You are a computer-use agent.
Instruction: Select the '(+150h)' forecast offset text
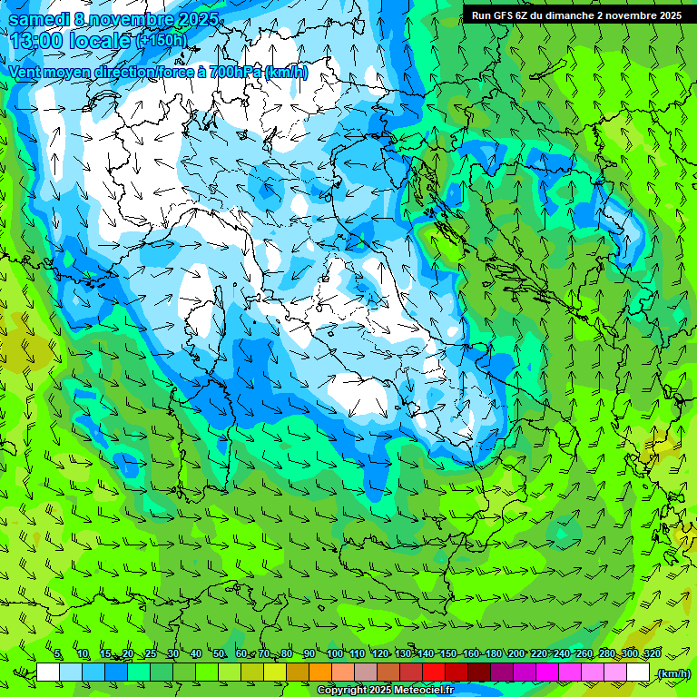point(161,41)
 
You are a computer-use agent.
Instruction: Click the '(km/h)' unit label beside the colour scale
point(672,673)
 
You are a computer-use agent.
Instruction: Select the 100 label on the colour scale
point(334,653)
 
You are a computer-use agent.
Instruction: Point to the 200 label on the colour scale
point(516,653)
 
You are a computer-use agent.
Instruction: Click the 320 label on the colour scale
point(653,653)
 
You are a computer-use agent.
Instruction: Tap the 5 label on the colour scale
point(58,653)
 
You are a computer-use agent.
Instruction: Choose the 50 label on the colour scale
point(218,653)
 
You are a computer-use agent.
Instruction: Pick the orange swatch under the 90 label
point(320,672)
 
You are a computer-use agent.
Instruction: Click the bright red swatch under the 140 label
point(434,672)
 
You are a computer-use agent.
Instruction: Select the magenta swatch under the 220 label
point(547,672)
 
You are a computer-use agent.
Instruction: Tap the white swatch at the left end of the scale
point(48,672)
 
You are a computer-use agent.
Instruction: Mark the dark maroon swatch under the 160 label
point(479,672)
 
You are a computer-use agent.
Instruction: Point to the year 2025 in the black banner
point(668,15)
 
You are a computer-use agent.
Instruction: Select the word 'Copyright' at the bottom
point(342,691)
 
